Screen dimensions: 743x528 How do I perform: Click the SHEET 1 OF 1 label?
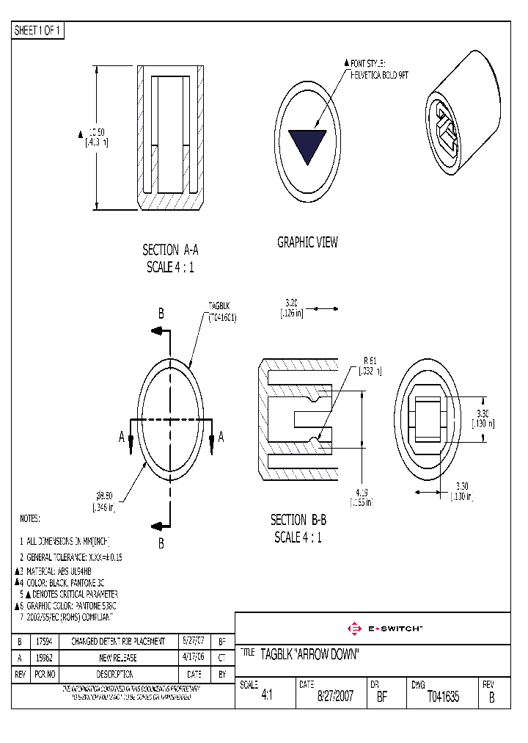pos(38,31)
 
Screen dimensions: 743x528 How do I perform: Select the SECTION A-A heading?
pos(170,250)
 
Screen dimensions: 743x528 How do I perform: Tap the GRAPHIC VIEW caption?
pos(307,242)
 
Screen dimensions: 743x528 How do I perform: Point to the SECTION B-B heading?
pos(298,520)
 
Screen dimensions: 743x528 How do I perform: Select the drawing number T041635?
pos(442,697)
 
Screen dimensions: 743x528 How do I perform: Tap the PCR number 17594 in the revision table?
pos(45,642)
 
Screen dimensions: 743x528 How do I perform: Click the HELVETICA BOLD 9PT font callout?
pos(378,75)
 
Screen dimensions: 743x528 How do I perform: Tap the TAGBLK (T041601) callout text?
pos(221,311)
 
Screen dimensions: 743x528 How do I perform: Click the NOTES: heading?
pos(29,519)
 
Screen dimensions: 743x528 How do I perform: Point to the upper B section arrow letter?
pos(161,313)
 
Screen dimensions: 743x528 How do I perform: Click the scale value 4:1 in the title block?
pos(266,697)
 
